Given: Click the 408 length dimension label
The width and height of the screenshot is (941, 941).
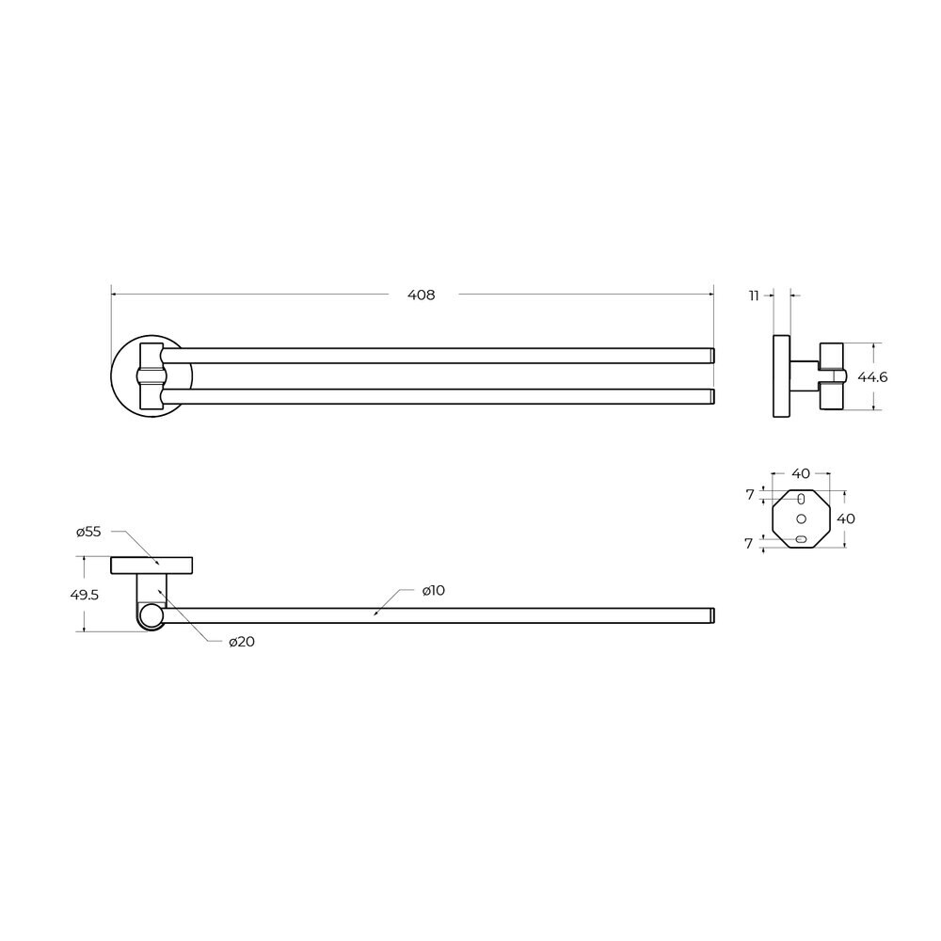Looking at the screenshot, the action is (x=421, y=295).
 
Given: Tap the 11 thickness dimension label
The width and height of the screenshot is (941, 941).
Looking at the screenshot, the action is (x=754, y=295).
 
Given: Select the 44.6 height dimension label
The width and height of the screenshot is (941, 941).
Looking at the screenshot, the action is (x=872, y=377).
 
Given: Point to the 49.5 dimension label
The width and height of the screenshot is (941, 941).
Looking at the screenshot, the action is (x=84, y=595).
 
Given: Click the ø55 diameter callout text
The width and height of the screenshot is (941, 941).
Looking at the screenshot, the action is (x=88, y=531).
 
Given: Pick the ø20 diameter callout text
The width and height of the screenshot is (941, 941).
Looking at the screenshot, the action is (x=242, y=642).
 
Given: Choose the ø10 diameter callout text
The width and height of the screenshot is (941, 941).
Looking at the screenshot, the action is (x=433, y=591).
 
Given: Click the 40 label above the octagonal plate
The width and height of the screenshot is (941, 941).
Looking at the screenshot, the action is (x=801, y=473).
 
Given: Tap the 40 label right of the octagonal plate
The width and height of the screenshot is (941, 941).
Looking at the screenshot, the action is (x=846, y=518).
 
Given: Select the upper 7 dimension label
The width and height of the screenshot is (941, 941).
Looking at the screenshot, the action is (x=750, y=495).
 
